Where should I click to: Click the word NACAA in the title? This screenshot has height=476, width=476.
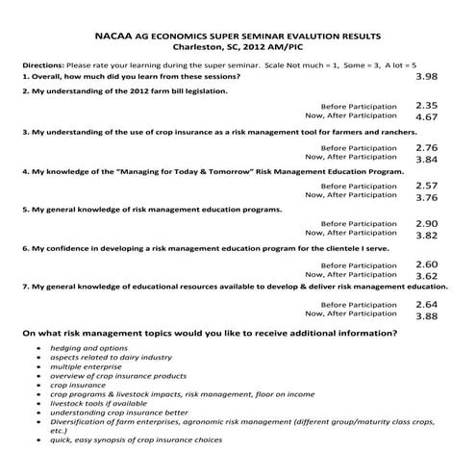pyautogui.click(x=118, y=33)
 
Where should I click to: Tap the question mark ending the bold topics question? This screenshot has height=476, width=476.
pyautogui.click(x=394, y=333)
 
